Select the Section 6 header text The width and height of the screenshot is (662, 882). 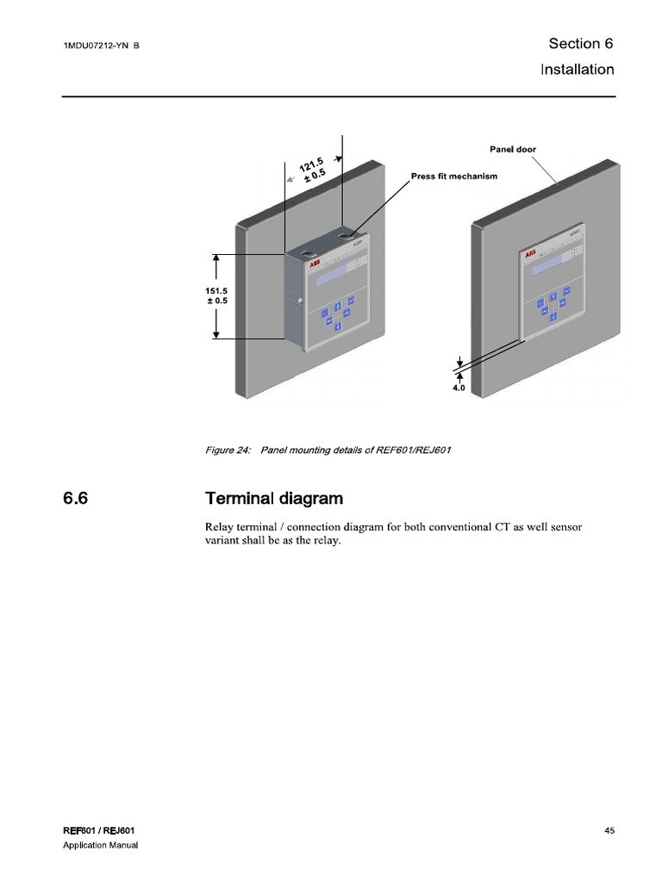point(580,44)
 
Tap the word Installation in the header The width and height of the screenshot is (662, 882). point(577,69)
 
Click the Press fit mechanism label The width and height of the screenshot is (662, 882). point(453,176)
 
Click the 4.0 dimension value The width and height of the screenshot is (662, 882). point(458,388)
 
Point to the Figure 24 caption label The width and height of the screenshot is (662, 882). point(222,450)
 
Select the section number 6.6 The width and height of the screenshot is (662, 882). point(76,499)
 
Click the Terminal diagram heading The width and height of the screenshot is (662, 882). point(273,499)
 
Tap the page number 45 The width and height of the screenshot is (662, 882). point(609,830)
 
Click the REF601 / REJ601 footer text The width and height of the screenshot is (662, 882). point(98,830)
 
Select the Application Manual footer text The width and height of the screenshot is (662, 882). point(101,846)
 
